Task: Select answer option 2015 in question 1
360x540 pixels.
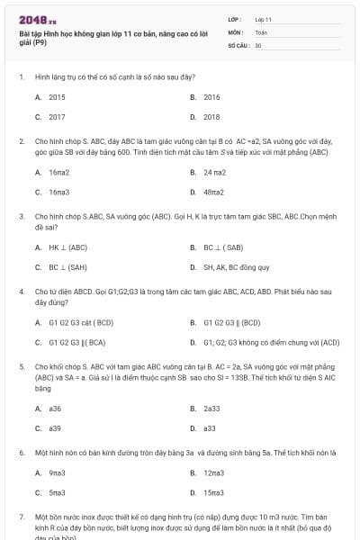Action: (57, 96)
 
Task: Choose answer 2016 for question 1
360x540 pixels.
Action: (211, 96)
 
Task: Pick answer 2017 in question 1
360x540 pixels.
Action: (57, 117)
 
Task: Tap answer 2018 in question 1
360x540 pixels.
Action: (211, 117)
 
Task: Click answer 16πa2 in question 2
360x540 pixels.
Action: (59, 171)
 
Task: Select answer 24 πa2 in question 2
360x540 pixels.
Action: (214, 171)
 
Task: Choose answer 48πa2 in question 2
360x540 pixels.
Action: (213, 192)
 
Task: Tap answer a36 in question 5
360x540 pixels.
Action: (55, 408)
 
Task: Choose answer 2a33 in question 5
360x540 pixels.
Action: (211, 408)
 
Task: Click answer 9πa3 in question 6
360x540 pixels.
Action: (58, 472)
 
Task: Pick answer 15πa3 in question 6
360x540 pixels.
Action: (213, 493)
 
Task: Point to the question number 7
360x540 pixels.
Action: (22, 518)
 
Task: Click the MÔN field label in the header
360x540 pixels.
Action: (237, 31)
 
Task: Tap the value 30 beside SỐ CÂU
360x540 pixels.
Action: (258, 44)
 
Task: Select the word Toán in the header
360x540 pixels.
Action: (261, 31)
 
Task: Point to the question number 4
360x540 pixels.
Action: (22, 292)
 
